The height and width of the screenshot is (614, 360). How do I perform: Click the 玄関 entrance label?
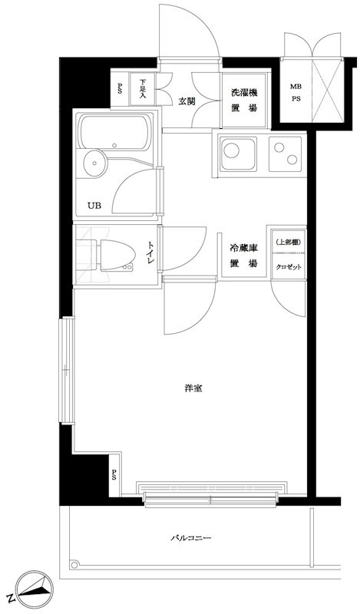tap(187, 101)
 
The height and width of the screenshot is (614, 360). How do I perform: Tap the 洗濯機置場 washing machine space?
tap(243, 101)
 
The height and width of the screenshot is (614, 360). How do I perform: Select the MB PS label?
tap(296, 93)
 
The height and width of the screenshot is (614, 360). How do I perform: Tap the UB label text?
tap(94, 205)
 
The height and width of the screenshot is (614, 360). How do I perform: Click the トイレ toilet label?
tap(150, 252)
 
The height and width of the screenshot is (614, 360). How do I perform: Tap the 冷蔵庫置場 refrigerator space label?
tap(243, 256)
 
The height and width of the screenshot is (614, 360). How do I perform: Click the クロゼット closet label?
tap(289, 266)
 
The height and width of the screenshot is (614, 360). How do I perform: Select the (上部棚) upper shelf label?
tap(289, 243)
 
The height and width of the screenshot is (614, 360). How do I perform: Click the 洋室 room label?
tap(193, 388)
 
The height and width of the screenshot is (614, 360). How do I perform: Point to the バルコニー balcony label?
tap(190, 538)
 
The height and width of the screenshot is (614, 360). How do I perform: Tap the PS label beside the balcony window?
tap(114, 474)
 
